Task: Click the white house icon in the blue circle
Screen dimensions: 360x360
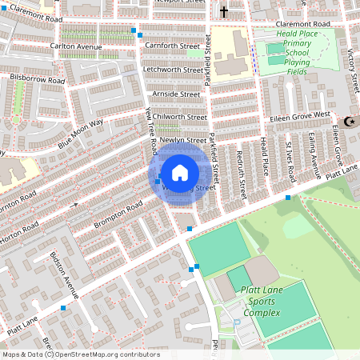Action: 180,172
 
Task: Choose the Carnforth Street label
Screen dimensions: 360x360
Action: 172,46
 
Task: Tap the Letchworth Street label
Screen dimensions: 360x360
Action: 171,70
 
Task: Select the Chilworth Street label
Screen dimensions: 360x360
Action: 180,117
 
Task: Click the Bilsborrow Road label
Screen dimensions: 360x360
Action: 37,80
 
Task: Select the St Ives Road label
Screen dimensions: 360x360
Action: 290,162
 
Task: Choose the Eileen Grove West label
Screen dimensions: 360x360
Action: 298,115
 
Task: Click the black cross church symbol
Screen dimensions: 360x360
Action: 224,12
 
